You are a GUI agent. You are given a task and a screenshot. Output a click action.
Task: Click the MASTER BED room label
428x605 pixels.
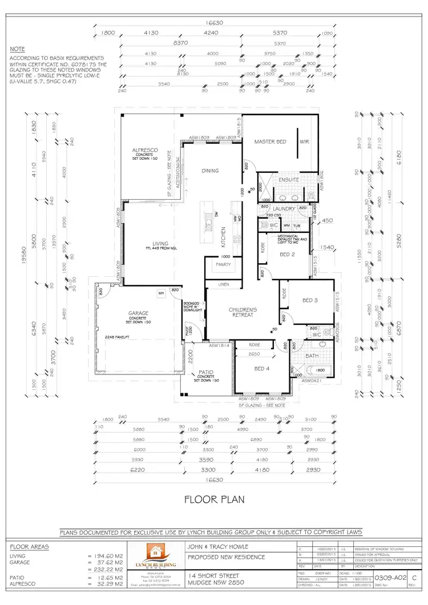tap(270, 141)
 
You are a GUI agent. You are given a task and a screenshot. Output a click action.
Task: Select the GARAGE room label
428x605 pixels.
tap(138, 313)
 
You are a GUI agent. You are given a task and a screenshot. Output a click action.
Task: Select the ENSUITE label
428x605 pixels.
tap(289, 180)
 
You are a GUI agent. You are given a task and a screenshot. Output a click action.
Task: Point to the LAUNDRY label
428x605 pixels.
tap(284, 209)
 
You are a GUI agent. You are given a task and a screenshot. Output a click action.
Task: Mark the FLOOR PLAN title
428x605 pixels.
tap(214, 499)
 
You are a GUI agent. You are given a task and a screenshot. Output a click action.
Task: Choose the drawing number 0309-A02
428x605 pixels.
tap(392, 578)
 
